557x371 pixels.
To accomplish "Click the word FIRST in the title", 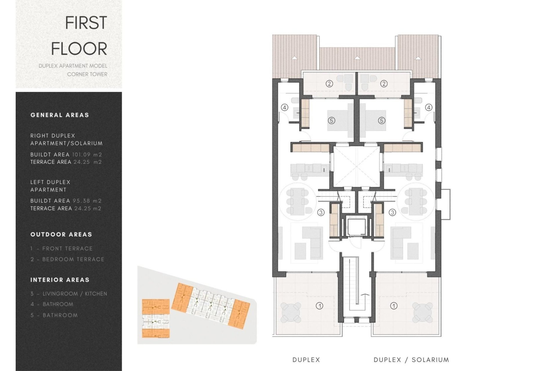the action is pos(86,23).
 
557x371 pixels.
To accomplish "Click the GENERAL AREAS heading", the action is pos(60,115).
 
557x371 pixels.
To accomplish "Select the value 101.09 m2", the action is pos(87,155).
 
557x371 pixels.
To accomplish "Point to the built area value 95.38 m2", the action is pos(87,201).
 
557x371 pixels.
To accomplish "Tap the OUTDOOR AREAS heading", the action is pos(61,234).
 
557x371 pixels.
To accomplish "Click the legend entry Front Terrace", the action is pos(62,249).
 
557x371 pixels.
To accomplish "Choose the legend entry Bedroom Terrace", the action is pos(67,259).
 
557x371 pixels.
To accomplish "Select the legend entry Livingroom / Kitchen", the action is pos(69,294).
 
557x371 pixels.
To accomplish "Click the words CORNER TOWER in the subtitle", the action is pos(87,74).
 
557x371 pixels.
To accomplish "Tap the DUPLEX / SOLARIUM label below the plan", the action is pos(411,360).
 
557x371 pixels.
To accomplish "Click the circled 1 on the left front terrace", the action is pos(319,306).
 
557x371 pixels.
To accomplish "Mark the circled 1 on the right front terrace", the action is pos(394,306).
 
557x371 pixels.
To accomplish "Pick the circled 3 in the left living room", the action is pos(321,212).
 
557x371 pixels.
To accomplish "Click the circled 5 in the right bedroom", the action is pos(381,121).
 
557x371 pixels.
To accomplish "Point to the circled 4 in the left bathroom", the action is pos(285,108).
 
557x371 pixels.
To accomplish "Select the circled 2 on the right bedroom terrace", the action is pos(384,84).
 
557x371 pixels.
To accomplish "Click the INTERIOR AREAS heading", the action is pos(60,280).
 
